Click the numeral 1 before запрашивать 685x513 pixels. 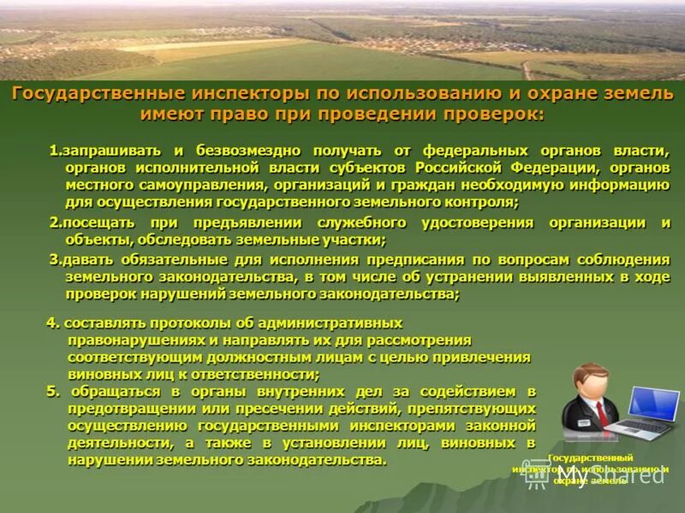(53, 150)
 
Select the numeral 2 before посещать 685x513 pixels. (53, 222)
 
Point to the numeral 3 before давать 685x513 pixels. (53, 259)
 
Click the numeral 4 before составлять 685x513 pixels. (51, 322)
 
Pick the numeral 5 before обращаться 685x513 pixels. (51, 391)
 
